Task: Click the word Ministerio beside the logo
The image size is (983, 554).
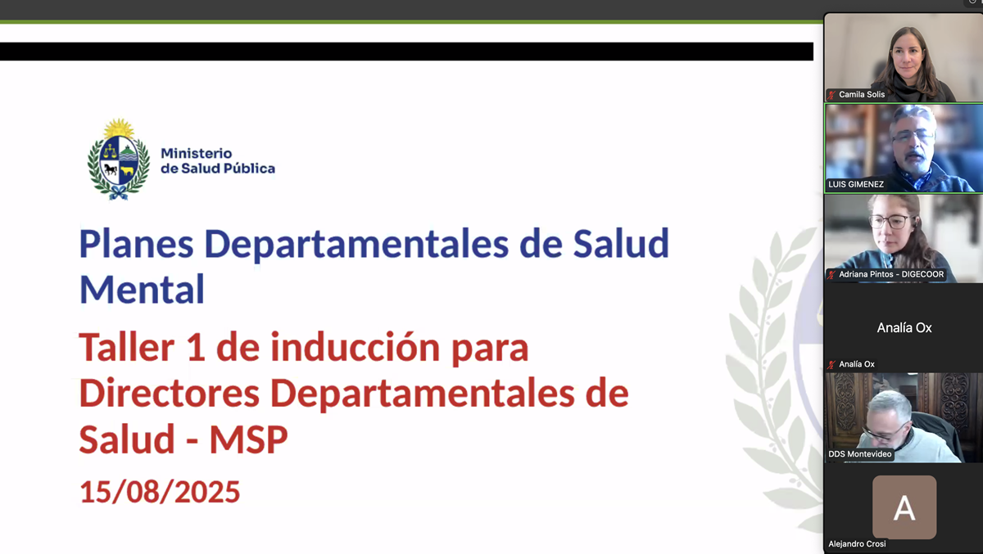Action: [x=197, y=153]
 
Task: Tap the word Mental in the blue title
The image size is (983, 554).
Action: [x=142, y=289]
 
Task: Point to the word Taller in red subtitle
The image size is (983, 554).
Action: [x=127, y=348]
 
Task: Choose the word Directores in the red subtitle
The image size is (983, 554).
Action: [x=168, y=394]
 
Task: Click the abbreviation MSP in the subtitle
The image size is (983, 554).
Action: [x=248, y=439]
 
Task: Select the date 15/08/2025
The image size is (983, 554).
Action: [x=160, y=492]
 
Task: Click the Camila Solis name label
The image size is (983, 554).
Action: [x=862, y=94]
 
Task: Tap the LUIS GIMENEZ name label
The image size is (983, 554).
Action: [x=856, y=184]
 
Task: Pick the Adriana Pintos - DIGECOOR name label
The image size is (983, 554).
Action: [x=891, y=274]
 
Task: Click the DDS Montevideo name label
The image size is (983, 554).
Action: [x=860, y=454]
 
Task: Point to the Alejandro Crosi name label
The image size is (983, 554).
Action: [x=857, y=544]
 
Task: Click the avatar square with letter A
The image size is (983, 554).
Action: [x=904, y=507]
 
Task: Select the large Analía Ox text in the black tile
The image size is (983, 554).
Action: [x=904, y=327]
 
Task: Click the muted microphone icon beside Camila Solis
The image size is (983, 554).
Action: [x=831, y=95]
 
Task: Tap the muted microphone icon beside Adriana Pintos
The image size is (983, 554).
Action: [x=831, y=275]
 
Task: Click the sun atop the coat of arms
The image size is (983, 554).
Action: [x=120, y=128]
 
